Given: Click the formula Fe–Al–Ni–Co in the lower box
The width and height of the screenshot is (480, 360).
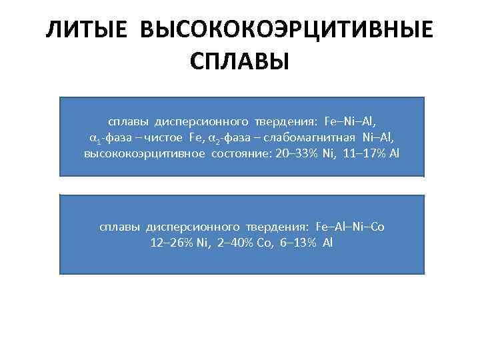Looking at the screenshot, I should click(x=351, y=227).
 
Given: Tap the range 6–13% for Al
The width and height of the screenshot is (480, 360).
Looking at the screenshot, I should click(x=293, y=242).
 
